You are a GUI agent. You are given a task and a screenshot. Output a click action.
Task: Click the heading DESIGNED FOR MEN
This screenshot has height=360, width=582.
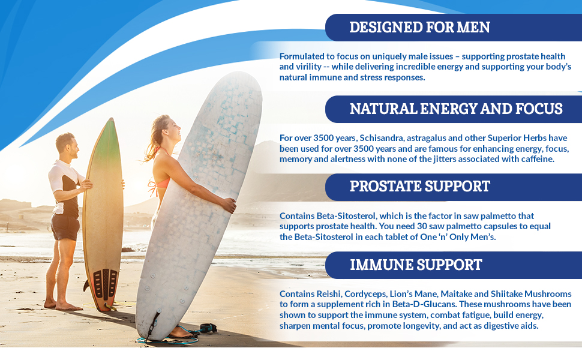pyautogui.click(x=419, y=27)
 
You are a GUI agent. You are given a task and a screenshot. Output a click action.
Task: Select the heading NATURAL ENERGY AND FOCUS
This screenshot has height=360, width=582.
pyautogui.click(x=456, y=109)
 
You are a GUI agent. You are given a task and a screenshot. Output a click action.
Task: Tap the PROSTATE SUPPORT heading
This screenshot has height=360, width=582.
pyautogui.click(x=419, y=187)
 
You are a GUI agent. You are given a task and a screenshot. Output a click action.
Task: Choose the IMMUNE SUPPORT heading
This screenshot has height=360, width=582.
pyautogui.click(x=416, y=265)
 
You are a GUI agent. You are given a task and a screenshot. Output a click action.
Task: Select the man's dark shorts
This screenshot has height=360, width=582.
pyautogui.click(x=65, y=227)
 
